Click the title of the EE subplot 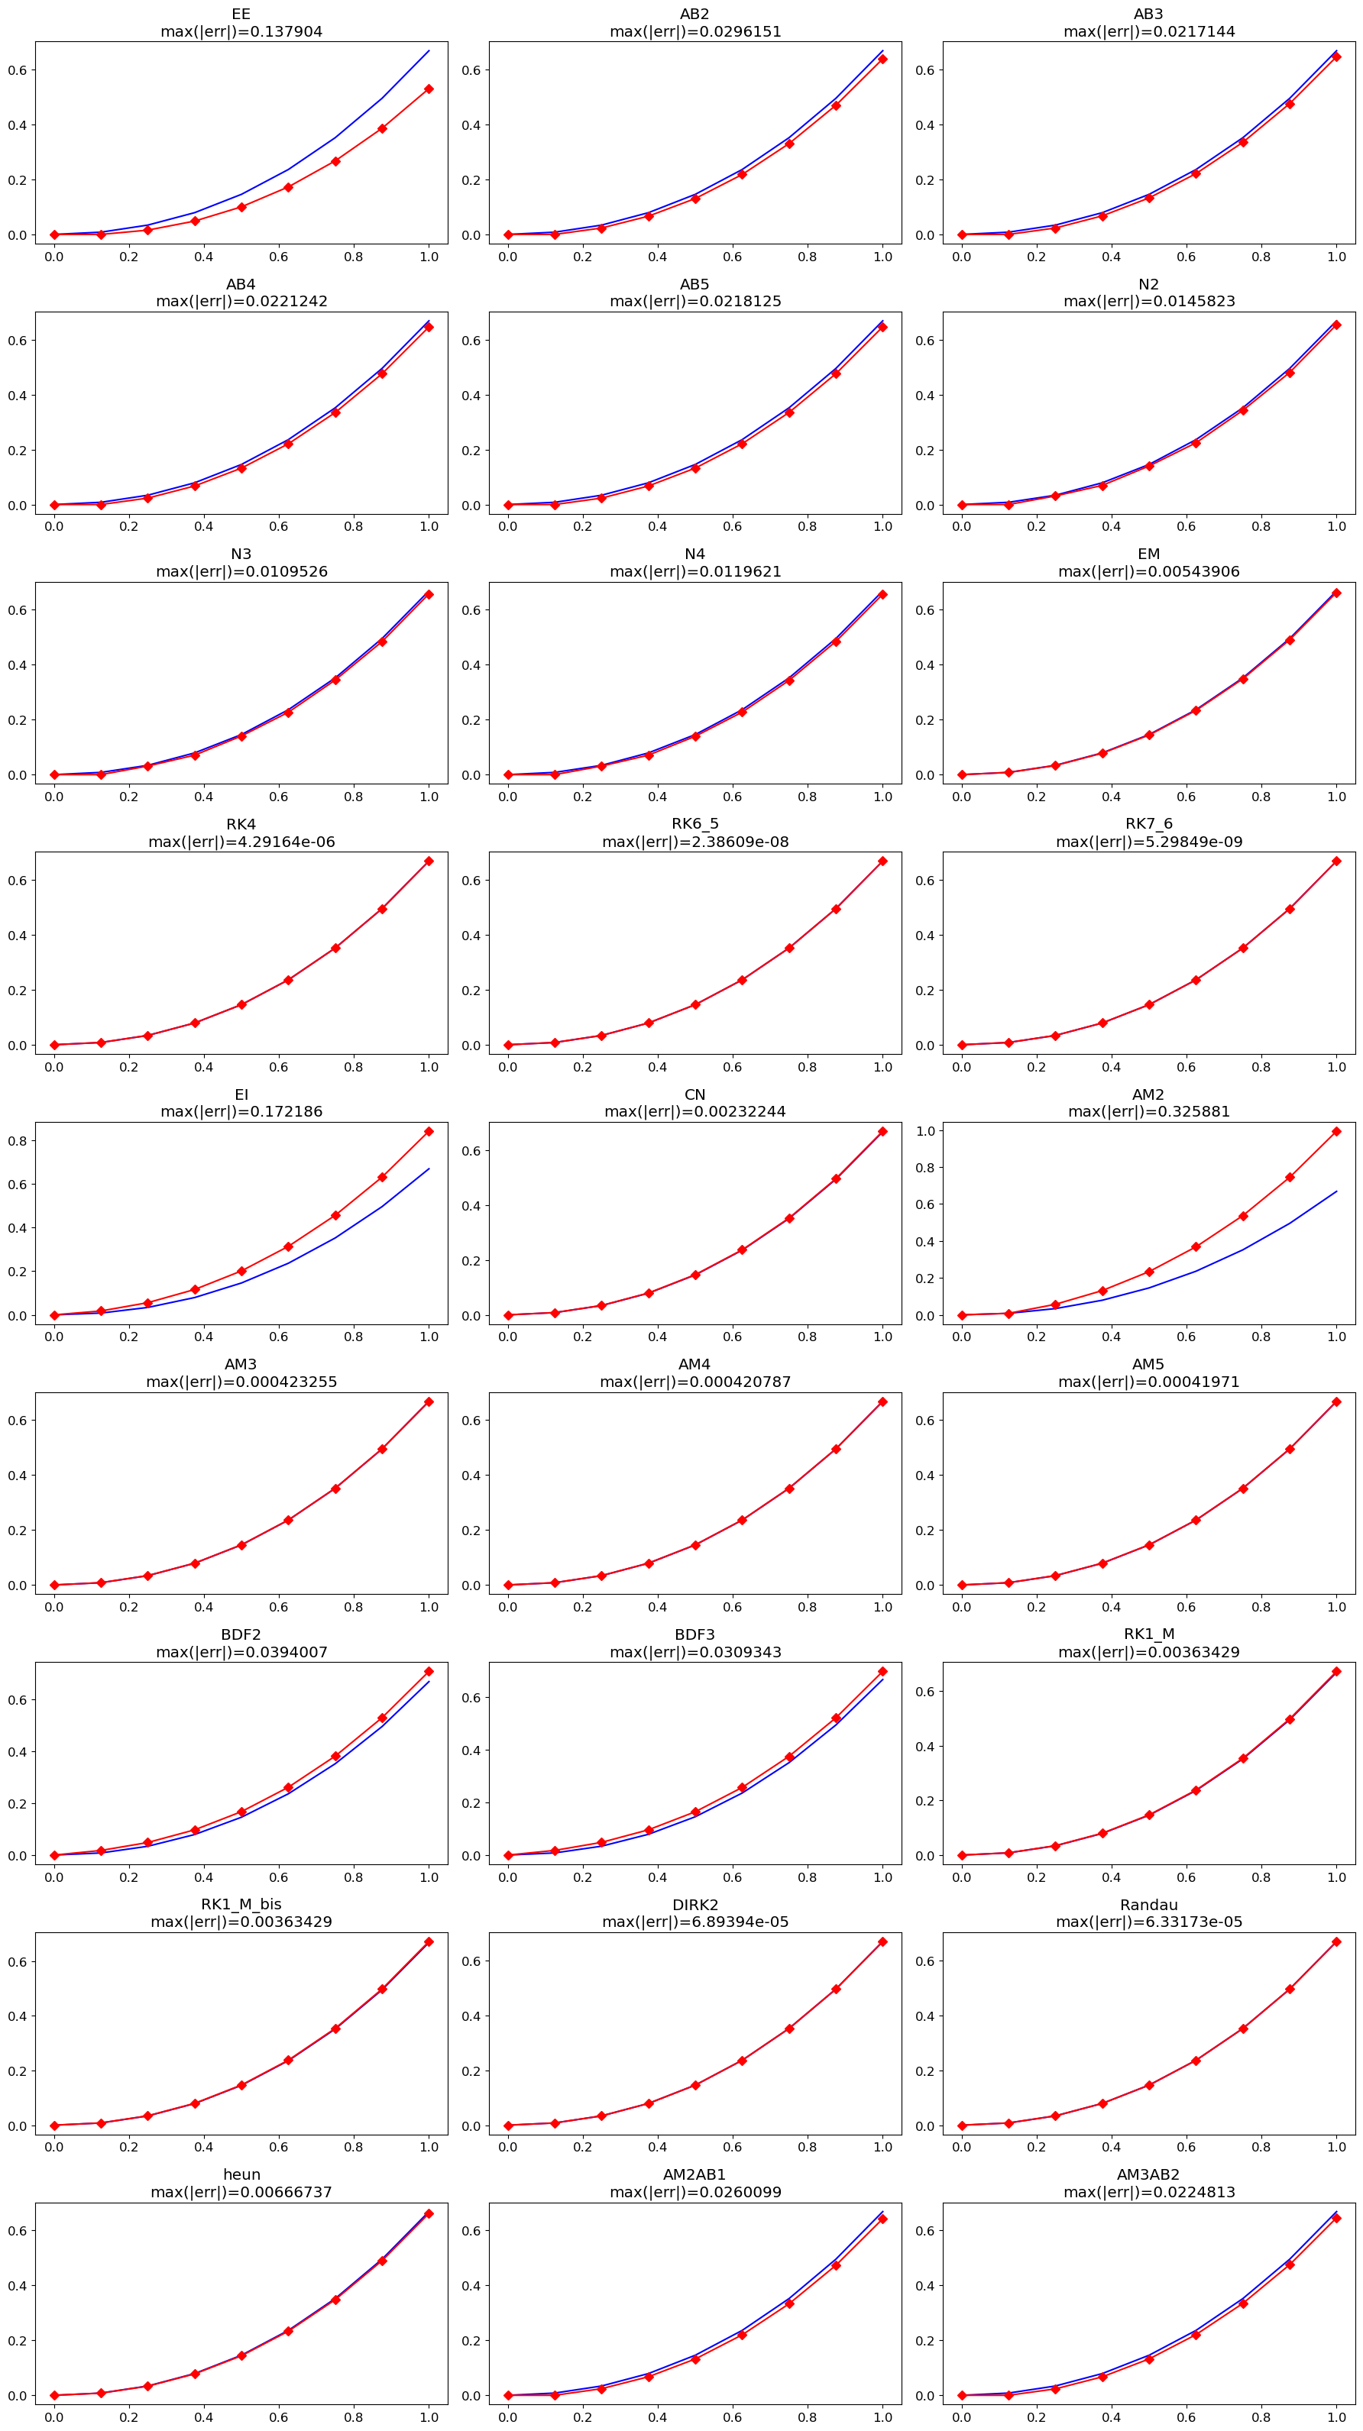click(241, 15)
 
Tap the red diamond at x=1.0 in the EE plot click(429, 89)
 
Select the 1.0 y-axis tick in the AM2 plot click(926, 1130)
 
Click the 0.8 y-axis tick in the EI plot click(19, 1141)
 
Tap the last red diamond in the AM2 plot click(1335, 1132)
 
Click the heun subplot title click(241, 2174)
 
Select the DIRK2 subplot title click(694, 1905)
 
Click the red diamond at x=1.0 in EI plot click(429, 1132)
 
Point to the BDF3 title click(694, 1634)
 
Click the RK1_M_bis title click(241, 1905)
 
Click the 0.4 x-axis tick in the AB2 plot click(657, 257)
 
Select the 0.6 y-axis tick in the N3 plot click(19, 610)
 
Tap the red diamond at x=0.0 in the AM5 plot click(961, 1586)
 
